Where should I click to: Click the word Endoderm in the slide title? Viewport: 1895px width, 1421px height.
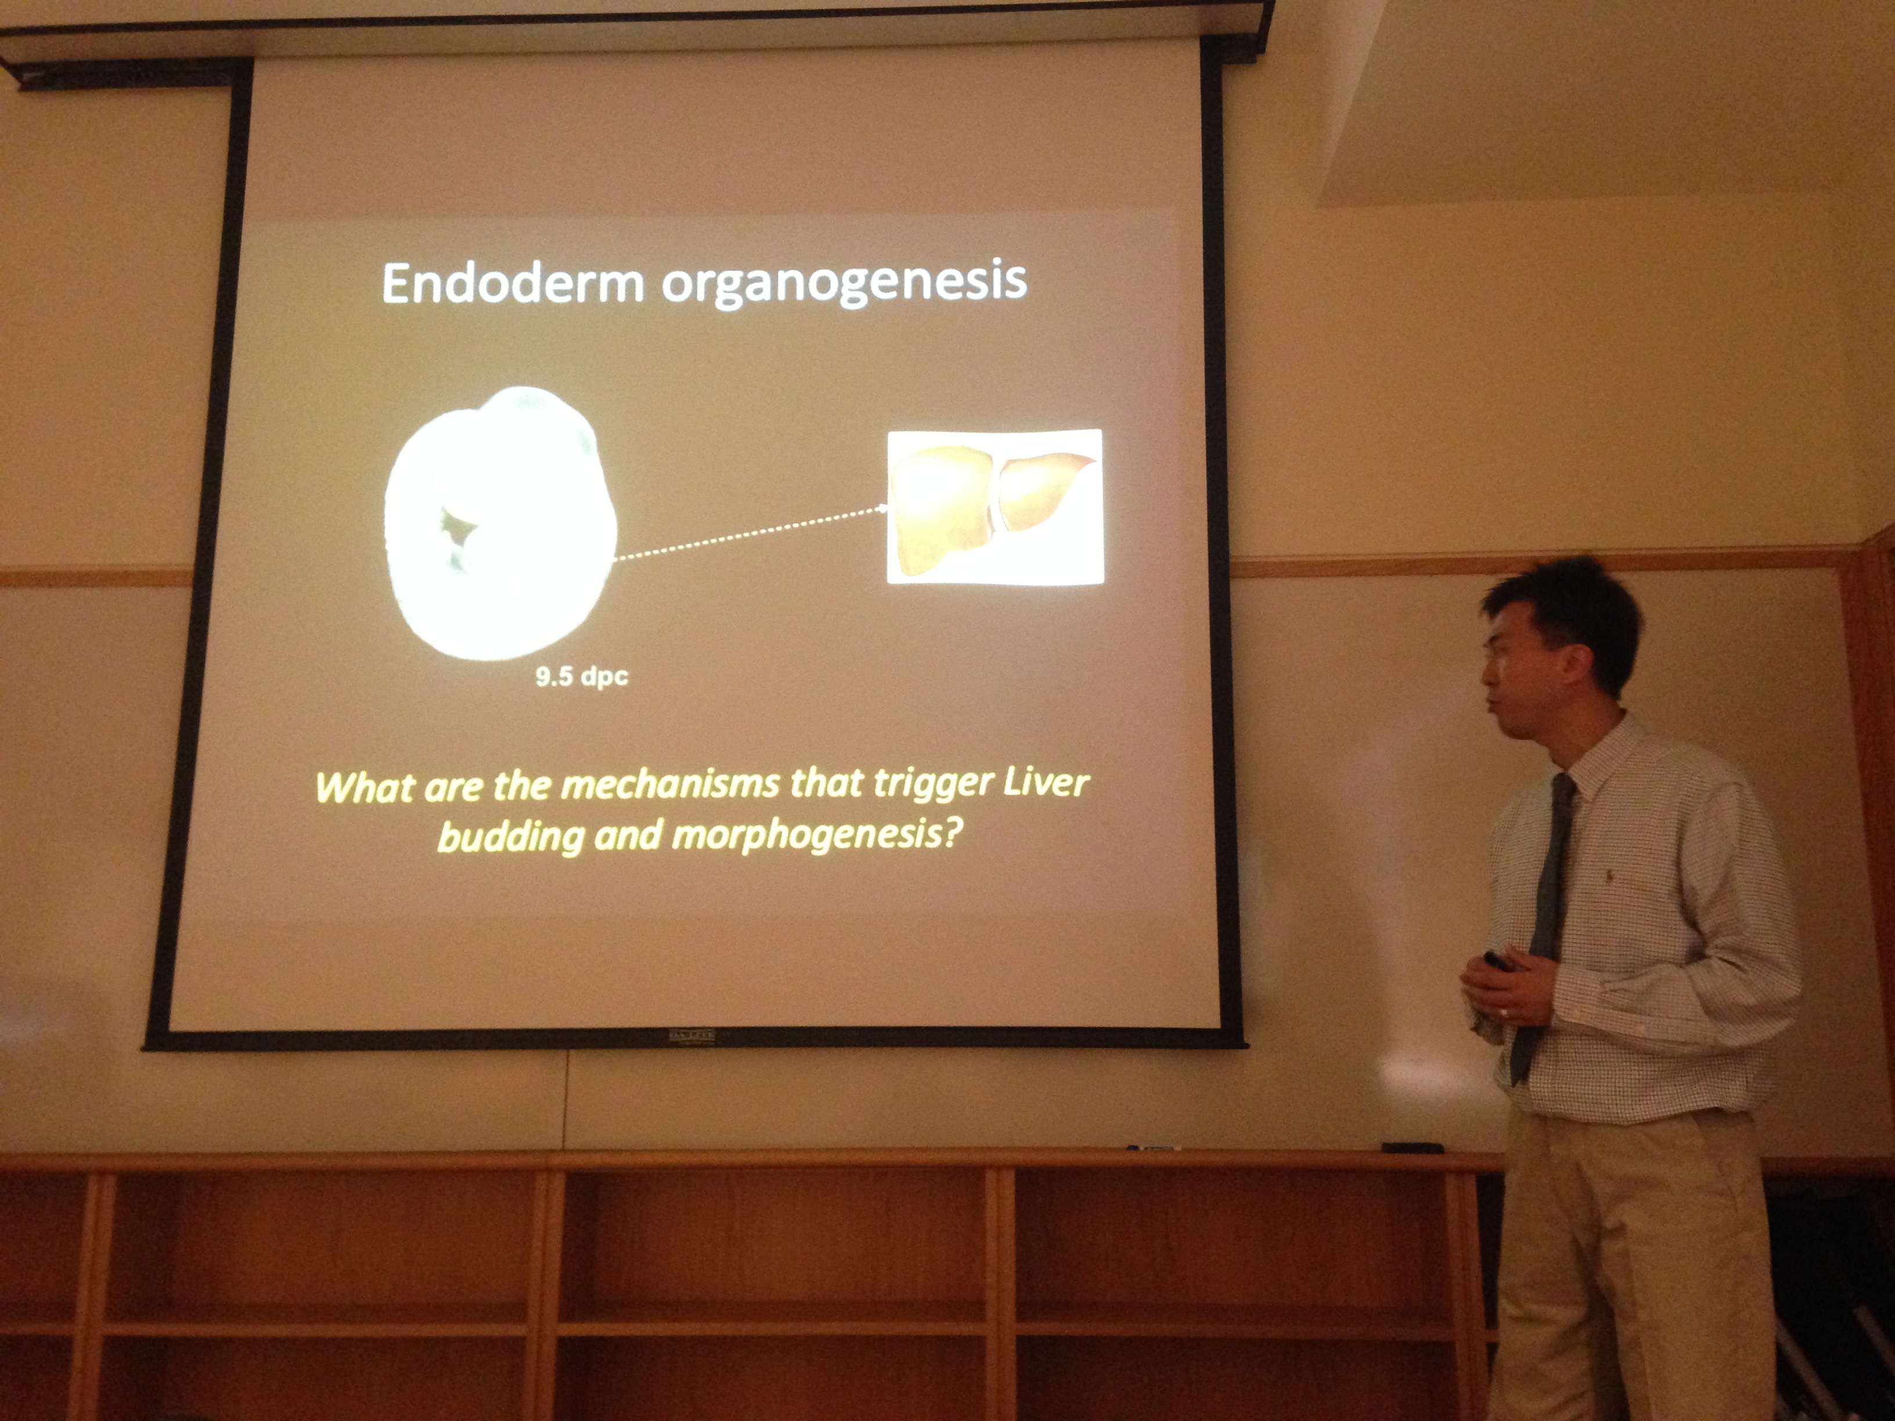tap(512, 283)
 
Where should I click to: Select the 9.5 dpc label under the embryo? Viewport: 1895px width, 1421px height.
tap(582, 677)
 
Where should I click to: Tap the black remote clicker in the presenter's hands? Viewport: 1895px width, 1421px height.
tap(1499, 961)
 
